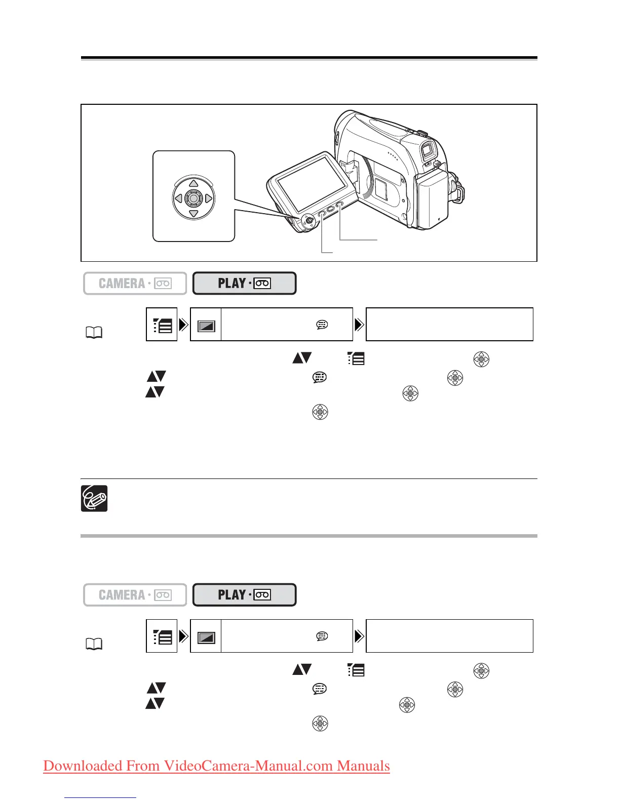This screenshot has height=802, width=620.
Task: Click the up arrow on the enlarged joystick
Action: click(x=193, y=184)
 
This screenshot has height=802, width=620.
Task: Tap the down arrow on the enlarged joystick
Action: click(x=193, y=214)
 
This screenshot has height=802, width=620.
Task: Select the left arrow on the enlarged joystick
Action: click(x=178, y=198)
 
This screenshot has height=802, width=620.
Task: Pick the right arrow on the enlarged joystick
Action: click(x=209, y=198)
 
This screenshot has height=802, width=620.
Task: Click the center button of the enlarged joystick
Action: click(x=193, y=198)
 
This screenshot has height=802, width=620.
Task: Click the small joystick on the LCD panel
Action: click(x=307, y=220)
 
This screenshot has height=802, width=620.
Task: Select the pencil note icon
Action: click(x=94, y=498)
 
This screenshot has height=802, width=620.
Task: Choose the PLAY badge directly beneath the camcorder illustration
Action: click(x=244, y=284)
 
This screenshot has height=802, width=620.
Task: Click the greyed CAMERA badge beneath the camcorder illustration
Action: click(x=135, y=284)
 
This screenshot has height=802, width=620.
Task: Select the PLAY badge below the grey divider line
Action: click(x=244, y=595)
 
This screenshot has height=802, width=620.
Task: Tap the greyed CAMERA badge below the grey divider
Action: click(x=135, y=595)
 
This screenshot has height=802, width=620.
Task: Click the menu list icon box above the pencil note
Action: click(x=162, y=325)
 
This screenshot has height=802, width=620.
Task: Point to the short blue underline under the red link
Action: click(x=100, y=797)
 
